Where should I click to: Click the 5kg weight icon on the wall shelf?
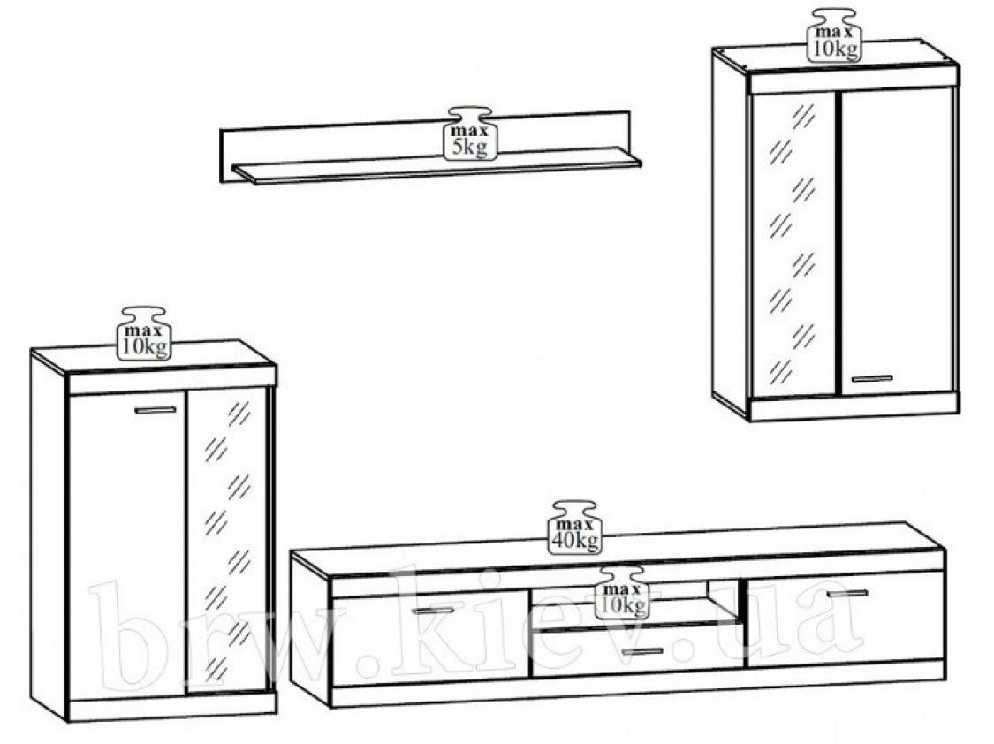pyautogui.click(x=470, y=133)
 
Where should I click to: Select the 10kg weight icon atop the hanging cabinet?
pyautogui.click(x=834, y=35)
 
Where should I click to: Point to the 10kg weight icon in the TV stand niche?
pyautogui.click(x=623, y=593)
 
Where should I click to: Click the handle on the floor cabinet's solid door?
pyautogui.click(x=156, y=410)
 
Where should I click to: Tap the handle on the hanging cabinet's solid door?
pyautogui.click(x=872, y=379)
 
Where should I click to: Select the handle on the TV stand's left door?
pyautogui.click(x=433, y=611)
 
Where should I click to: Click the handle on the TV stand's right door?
pyautogui.click(x=847, y=593)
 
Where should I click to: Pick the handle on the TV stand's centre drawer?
pyautogui.click(x=642, y=651)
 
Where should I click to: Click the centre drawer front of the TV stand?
pyautogui.click(x=637, y=649)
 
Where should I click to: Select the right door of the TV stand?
pyautogui.click(x=846, y=619)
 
